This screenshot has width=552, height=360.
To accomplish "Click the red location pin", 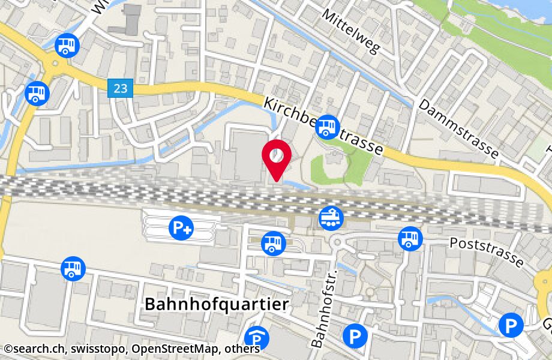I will [277, 157].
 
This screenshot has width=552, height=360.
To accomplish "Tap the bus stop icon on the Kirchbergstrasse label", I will [327, 127].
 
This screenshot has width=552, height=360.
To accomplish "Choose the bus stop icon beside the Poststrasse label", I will [410, 239].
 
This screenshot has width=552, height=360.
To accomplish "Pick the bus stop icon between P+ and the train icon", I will [274, 242].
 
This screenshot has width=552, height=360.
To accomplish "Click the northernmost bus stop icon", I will [67, 44].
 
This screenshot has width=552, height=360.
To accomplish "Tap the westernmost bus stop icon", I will [37, 93].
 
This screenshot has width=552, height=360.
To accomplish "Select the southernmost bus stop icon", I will [73, 268].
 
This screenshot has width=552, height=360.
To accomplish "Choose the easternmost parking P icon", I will [511, 325].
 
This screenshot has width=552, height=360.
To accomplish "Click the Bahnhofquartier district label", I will [217, 304].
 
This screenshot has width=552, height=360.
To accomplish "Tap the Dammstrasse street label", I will [459, 129].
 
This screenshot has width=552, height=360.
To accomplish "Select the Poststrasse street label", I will [487, 251].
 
